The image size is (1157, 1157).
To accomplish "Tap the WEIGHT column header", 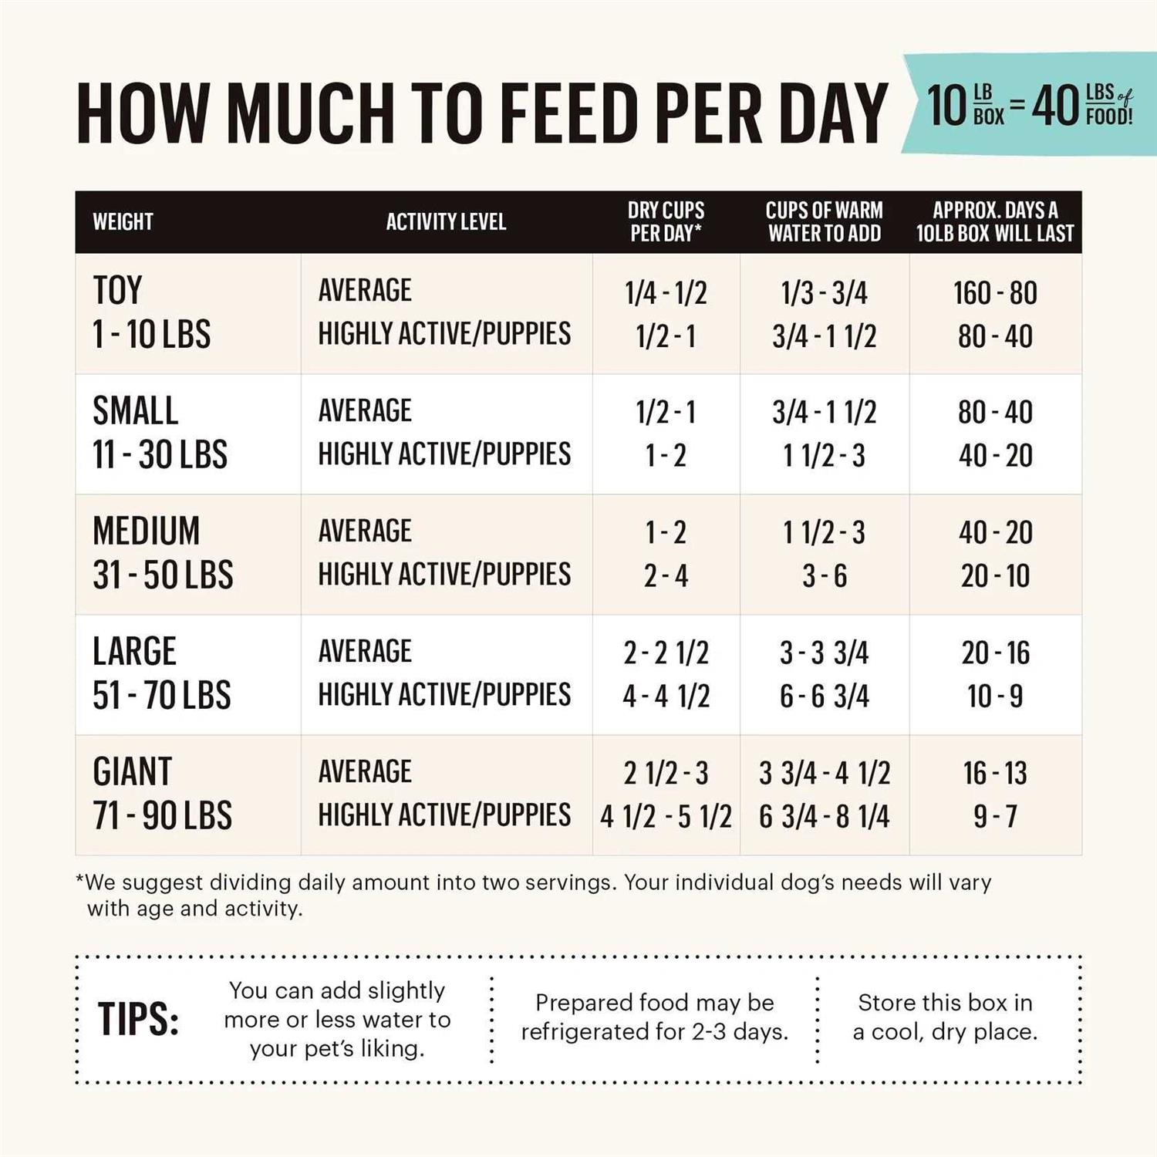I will click(123, 222).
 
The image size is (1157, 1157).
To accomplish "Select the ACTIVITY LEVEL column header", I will click(446, 222).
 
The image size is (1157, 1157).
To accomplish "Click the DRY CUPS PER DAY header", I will click(666, 221).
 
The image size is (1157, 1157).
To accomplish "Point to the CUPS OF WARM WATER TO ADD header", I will click(824, 221).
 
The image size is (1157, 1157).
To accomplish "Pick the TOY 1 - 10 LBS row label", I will click(151, 312).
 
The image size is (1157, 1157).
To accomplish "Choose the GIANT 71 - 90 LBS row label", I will click(162, 794).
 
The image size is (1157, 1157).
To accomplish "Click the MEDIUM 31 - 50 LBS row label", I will click(163, 553).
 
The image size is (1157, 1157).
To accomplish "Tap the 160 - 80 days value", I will click(995, 293).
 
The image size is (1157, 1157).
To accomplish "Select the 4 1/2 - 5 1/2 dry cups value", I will click(666, 816).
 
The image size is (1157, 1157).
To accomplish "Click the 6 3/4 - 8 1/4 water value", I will click(824, 816).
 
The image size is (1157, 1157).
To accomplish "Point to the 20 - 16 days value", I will click(995, 653).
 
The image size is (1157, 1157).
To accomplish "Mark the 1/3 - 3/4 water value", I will click(824, 293).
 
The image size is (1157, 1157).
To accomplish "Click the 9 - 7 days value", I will click(995, 816).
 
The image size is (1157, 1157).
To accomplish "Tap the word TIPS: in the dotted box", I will click(138, 1020).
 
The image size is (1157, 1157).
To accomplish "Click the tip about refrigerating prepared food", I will click(654, 1017).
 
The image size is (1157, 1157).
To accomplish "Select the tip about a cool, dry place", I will click(945, 1017).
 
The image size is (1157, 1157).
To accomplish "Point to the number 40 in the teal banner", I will click(1055, 106).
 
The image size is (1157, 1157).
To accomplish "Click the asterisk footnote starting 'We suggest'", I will click(532, 895).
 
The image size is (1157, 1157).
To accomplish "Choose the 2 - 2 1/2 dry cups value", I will click(666, 653).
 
